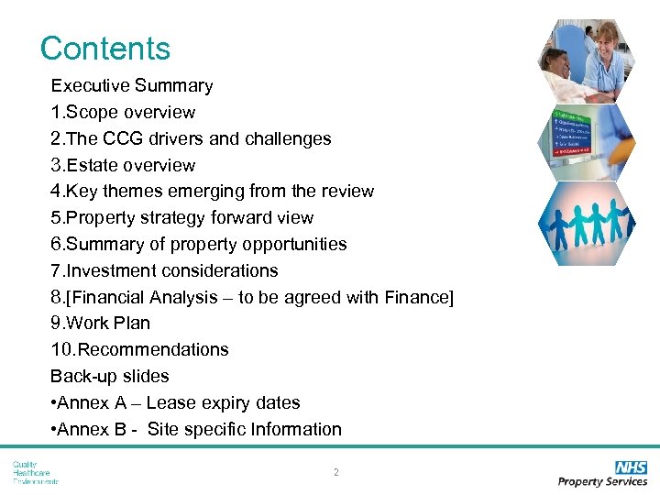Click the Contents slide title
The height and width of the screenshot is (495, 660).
coord(105,48)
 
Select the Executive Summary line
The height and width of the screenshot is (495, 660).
coord(132,85)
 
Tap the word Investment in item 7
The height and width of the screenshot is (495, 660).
coord(109,270)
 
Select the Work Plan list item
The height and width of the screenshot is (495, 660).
coord(101,323)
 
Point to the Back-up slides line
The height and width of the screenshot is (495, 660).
coord(110,376)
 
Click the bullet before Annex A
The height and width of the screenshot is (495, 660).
coord(54,403)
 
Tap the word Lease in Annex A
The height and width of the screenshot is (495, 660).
coord(170,402)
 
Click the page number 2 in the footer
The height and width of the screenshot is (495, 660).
coord(336,473)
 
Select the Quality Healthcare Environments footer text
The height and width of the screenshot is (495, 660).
coord(35,472)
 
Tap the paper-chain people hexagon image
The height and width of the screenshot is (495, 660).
coord(583,223)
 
